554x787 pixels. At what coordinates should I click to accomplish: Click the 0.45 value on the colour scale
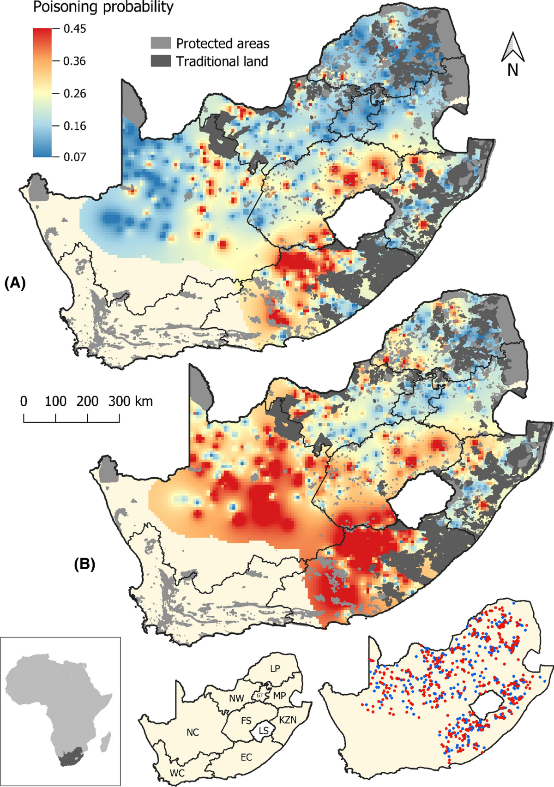tap(74, 29)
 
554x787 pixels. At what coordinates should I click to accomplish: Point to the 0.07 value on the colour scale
tap(74, 157)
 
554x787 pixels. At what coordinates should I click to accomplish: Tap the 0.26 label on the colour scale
tap(74, 93)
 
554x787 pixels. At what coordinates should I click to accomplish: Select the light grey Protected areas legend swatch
tap(161, 43)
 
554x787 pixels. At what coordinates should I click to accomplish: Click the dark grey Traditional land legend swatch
tap(161, 61)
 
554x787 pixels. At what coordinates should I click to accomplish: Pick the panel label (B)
tap(84, 565)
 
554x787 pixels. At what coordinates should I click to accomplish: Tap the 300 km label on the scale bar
tap(130, 401)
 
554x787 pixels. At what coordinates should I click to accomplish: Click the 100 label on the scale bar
tap(55, 401)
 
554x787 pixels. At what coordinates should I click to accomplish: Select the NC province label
tap(193, 733)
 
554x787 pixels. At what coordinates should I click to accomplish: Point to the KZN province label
tap(288, 720)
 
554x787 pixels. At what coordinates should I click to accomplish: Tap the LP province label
tap(275, 668)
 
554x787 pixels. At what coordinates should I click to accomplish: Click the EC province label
tap(246, 757)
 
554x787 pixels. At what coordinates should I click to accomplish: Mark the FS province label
tap(246, 721)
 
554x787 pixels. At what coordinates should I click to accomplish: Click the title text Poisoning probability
tap(103, 7)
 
